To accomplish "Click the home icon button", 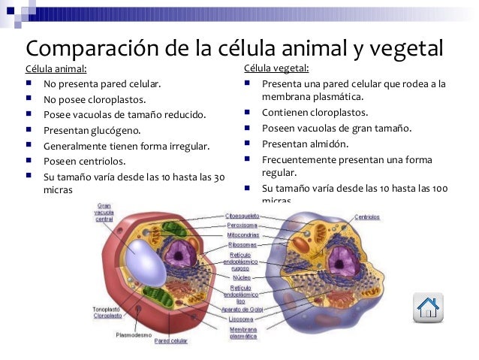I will [x=428, y=307].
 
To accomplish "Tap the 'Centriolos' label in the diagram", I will [x=367, y=216].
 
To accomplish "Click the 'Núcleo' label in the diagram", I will [x=242, y=277].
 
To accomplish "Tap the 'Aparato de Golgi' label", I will [x=241, y=310].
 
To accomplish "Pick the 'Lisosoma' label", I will [x=241, y=319].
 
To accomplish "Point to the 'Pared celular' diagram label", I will [x=170, y=340].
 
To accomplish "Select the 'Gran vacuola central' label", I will [x=104, y=211].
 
